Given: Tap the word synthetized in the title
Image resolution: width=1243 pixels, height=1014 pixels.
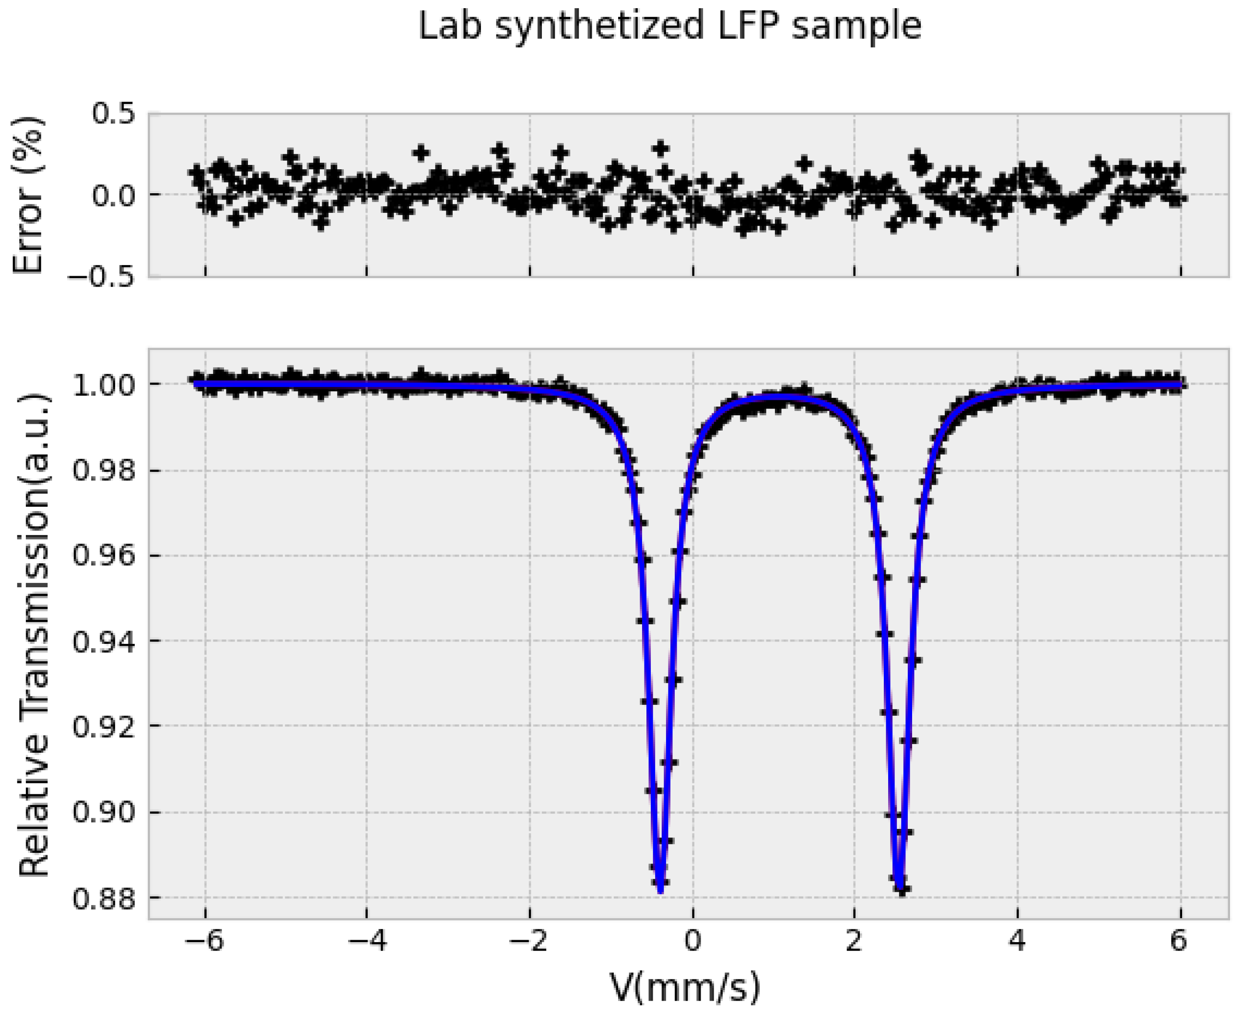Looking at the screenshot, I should (599, 27).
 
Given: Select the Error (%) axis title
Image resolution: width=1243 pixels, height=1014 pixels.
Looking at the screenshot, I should (28, 195).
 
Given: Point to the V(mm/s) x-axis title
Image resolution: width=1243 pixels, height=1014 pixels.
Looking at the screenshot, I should (685, 988).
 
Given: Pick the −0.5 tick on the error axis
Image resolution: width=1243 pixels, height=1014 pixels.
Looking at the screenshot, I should (102, 276).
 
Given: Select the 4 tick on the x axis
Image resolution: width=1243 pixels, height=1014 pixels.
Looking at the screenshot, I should (1018, 942).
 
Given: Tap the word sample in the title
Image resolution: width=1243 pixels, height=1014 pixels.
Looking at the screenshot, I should (856, 27).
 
